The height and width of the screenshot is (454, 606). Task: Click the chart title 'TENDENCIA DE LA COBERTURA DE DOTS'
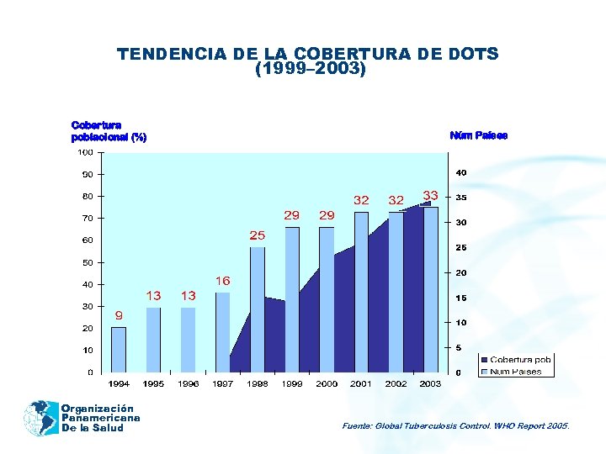[x=308, y=55]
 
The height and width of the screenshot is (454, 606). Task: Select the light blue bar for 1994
[x=119, y=350]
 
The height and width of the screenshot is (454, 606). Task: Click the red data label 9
[x=119, y=315]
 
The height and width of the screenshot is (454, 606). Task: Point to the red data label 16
[x=223, y=281]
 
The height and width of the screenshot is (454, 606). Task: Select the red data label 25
[x=257, y=235]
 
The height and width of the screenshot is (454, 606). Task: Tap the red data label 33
[x=430, y=194]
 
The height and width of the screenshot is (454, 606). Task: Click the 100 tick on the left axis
[x=86, y=152]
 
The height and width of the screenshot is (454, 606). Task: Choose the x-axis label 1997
[x=222, y=384]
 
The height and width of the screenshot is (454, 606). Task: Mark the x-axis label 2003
[x=430, y=384]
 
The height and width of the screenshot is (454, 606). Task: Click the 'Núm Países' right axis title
[x=479, y=135]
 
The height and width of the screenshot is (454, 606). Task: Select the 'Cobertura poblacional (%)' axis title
[x=109, y=131]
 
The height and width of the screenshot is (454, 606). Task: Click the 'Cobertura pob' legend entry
[x=520, y=360]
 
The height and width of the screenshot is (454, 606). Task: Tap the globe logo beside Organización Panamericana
[x=40, y=418]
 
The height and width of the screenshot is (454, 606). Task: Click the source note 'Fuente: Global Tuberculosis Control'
[x=455, y=426]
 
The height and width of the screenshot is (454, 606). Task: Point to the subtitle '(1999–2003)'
[x=310, y=71]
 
